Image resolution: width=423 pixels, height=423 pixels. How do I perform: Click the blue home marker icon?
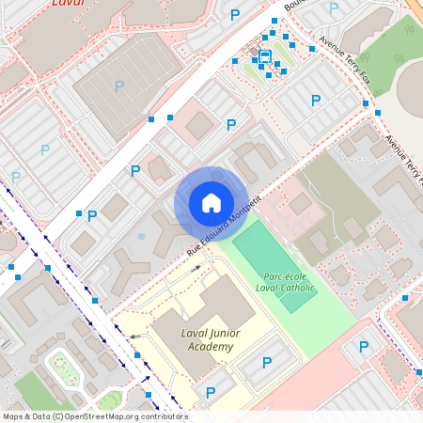click(211, 203)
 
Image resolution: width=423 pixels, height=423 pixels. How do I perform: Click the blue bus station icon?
click(265, 56)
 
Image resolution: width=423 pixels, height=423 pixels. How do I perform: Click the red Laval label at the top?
click(68, 4)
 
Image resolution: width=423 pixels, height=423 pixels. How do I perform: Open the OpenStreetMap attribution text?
click(95, 415)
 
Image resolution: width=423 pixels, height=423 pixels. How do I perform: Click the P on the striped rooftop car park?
click(118, 86)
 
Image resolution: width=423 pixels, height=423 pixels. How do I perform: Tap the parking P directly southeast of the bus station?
click(315, 101)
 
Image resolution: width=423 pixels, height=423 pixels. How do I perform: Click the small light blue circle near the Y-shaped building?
click(141, 237)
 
